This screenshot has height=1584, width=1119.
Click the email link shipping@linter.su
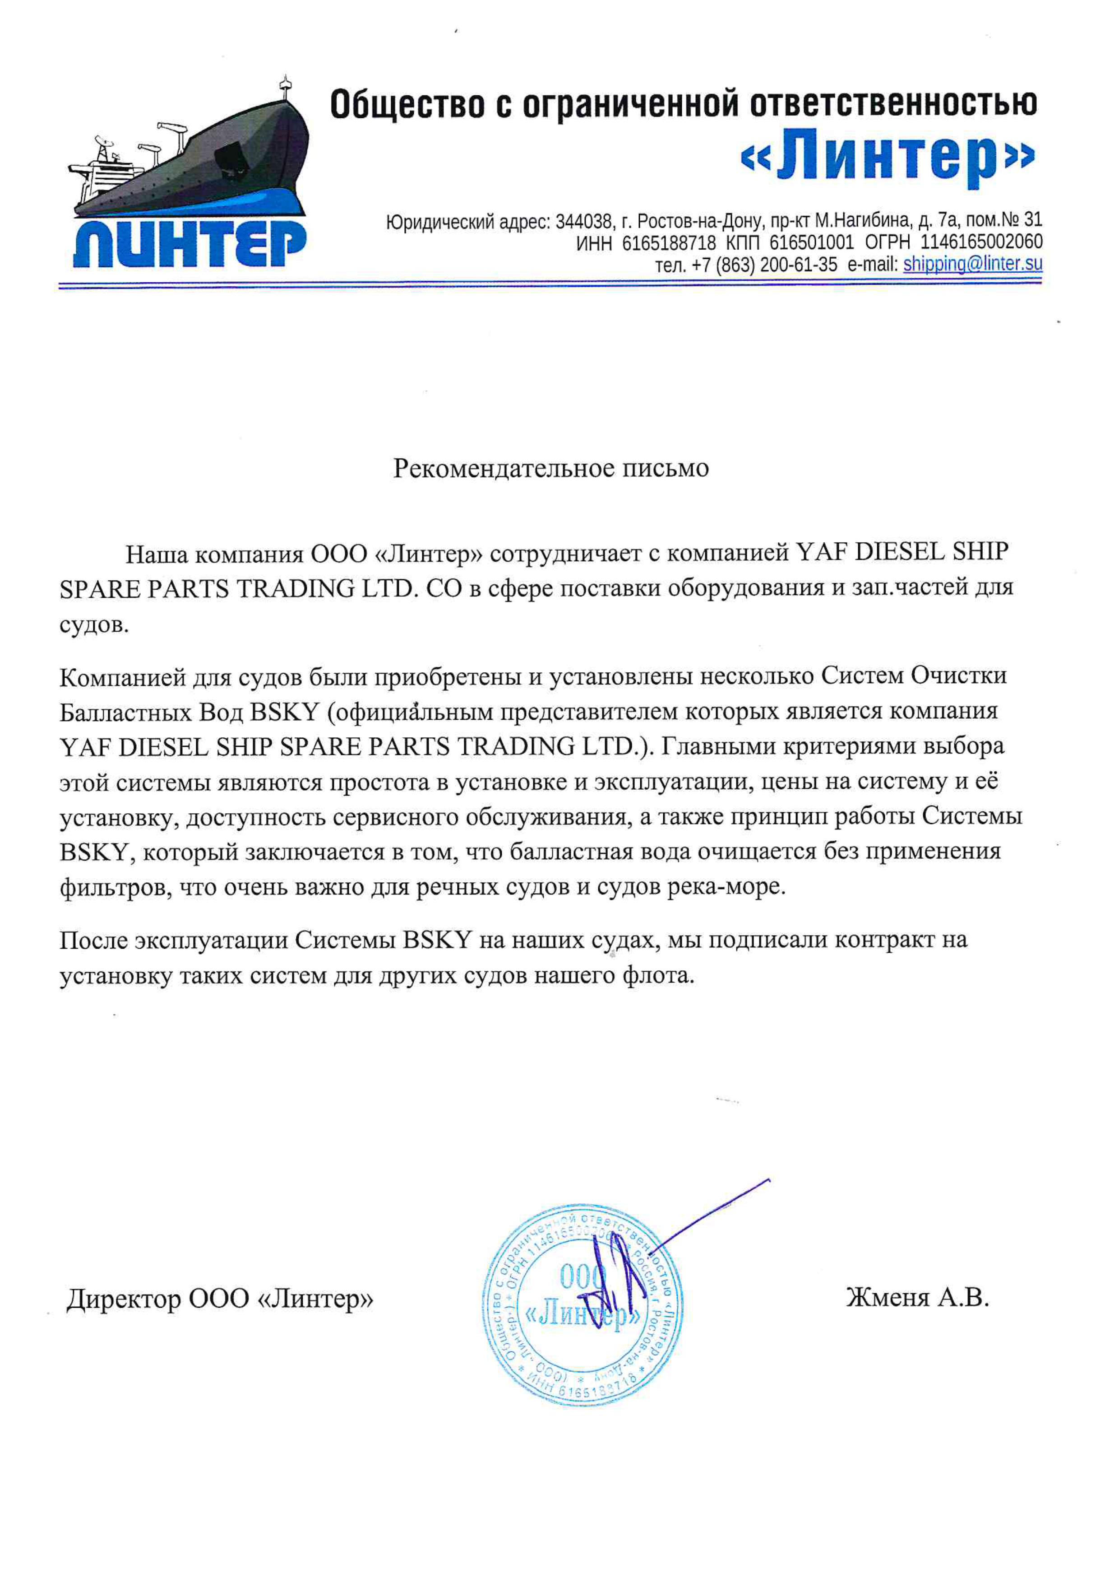point(972,264)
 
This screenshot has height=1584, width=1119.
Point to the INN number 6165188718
point(669,243)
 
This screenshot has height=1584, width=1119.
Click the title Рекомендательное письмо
point(551,468)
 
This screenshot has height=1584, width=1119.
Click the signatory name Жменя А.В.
point(917,1298)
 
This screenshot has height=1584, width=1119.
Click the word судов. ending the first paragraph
point(94,626)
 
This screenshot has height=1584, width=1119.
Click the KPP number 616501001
point(811,243)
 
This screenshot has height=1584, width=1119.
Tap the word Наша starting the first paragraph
point(155,553)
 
